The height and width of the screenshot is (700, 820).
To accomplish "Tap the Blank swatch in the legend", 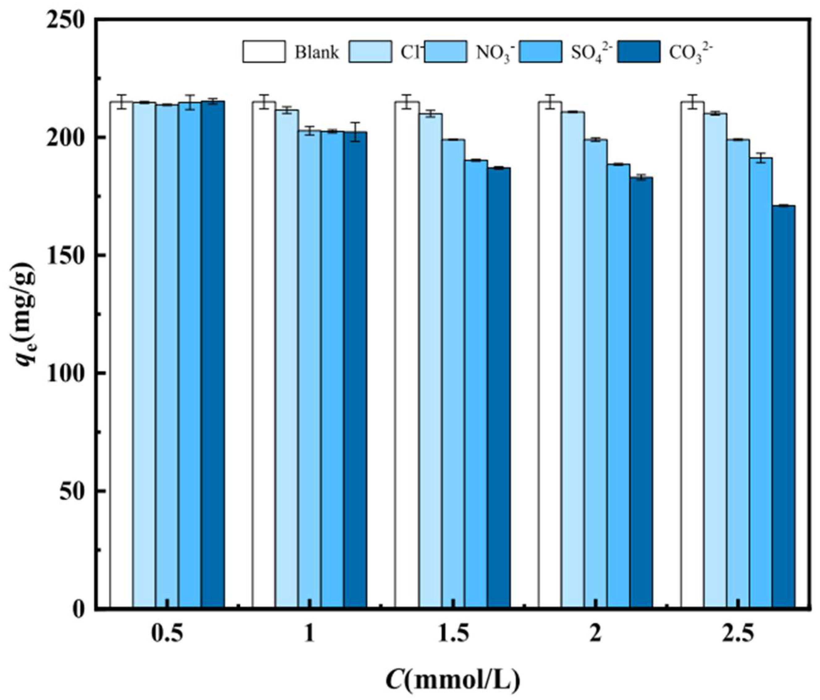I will [264, 51].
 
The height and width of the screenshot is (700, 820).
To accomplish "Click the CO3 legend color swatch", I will [639, 51].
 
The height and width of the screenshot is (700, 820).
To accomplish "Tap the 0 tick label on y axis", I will [78, 610].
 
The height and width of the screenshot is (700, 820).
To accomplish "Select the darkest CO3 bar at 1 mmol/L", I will [355, 368].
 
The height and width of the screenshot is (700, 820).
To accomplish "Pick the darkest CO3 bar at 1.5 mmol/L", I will [499, 388].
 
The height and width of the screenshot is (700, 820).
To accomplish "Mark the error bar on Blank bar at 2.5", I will [692, 102].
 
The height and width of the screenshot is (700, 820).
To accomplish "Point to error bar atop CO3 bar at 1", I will [355, 132].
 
